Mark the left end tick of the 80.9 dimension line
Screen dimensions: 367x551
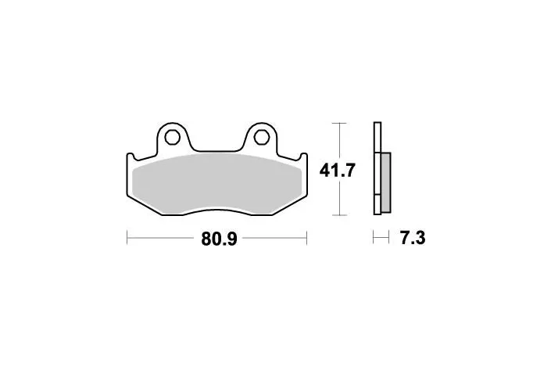point(127,236)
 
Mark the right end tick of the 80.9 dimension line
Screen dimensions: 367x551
point(307,236)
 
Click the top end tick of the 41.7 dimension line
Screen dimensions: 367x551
point(338,121)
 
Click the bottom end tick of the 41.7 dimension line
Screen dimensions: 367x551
point(338,214)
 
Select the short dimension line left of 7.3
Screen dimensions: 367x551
point(381,236)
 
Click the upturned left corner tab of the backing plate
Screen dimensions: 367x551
point(130,157)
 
